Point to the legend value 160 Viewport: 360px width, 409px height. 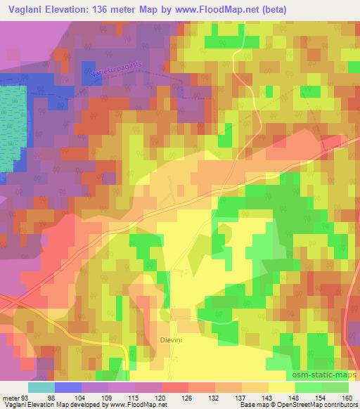[346, 397]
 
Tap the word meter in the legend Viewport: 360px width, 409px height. [11, 397]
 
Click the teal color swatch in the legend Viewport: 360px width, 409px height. [41, 387]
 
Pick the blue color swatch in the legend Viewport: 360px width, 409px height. [68, 387]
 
